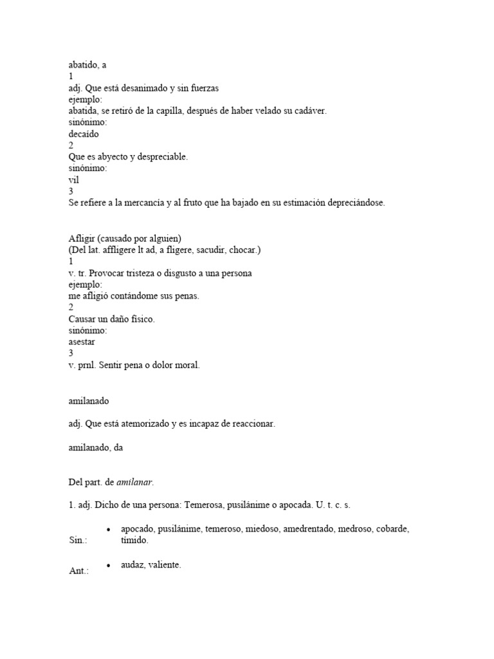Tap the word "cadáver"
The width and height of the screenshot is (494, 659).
309,111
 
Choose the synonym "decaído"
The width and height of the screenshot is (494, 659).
84,134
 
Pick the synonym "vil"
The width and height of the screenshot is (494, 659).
73,180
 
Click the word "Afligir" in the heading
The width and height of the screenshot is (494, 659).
82,238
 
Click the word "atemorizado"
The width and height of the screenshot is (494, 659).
140,423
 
